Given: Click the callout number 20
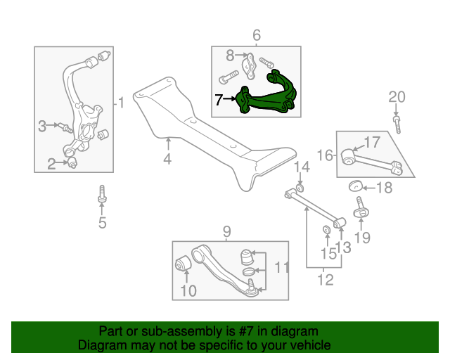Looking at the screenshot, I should [x=397, y=96].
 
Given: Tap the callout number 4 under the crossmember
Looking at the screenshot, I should [x=167, y=160].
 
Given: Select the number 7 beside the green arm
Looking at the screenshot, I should [x=219, y=101].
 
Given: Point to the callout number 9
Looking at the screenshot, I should [x=227, y=231].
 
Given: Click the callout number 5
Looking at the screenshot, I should [x=102, y=224].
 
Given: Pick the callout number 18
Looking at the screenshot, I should [x=384, y=187].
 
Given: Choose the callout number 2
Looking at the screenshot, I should [x=51, y=165].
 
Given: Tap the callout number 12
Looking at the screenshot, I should [x=324, y=280].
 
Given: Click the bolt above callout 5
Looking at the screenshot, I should [x=102, y=195].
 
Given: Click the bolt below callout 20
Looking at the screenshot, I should [x=397, y=124].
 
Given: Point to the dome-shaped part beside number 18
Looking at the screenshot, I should [x=356, y=186].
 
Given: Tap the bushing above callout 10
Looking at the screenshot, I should [x=182, y=265].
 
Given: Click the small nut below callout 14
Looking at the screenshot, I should [x=299, y=186].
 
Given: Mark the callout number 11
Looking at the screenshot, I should [x=281, y=267].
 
